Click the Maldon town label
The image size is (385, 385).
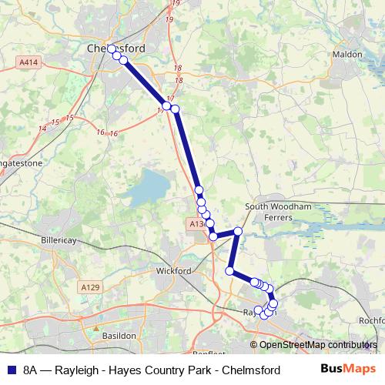tap(346, 55)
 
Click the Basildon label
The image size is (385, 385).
tap(119, 336)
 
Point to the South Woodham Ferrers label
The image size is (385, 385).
tap(278, 212)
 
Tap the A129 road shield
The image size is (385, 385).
tap(89, 287)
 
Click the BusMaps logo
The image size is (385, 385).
tap(343, 370)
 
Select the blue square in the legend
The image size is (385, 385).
tap(11, 370)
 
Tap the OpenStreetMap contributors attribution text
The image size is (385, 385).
tap(317, 345)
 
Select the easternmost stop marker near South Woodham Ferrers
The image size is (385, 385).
tap(238, 231)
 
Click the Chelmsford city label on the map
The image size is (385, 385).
tap(116, 48)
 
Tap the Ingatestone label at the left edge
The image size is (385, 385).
tap(15, 163)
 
